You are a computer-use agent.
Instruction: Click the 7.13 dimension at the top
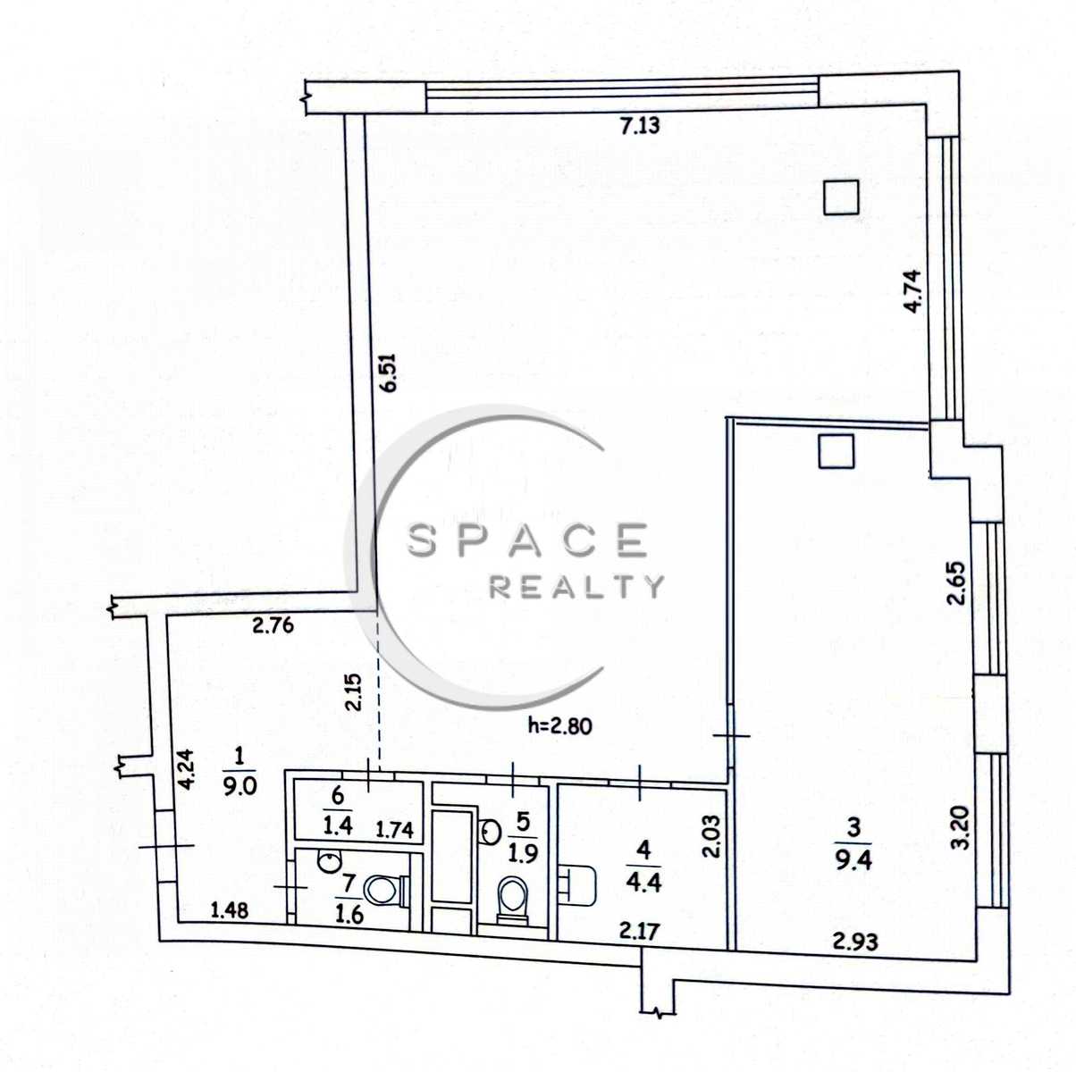tap(640, 125)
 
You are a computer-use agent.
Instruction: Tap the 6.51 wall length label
tap(389, 373)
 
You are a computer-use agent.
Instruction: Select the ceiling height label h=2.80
tap(559, 726)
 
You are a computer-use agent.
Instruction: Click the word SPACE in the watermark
tap(527, 540)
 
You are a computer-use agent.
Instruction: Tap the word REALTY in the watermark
tap(576, 587)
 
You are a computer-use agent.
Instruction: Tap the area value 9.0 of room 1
tap(240, 786)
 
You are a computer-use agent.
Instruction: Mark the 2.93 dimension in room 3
tap(855, 942)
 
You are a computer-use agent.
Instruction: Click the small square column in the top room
tap(842, 197)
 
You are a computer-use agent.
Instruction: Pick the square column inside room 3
tap(836, 451)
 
